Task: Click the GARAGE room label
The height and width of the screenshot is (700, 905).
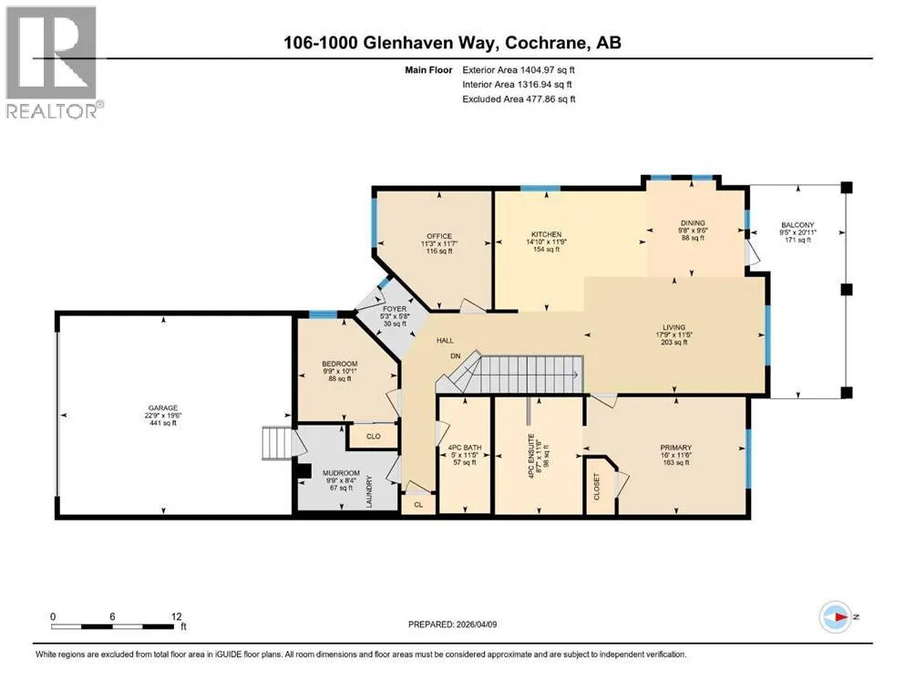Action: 163,407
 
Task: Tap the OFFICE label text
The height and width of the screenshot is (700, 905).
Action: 439,236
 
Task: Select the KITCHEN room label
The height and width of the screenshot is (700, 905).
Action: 547,234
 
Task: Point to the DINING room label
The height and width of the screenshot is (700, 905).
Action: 693,222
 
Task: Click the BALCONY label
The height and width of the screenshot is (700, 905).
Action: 797,225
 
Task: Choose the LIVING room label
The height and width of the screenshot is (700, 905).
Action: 674,327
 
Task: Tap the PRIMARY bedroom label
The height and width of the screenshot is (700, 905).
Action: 676,448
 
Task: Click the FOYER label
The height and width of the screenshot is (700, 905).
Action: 395,309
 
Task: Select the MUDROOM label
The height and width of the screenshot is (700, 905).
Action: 341,473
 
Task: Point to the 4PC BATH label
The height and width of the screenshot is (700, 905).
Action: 465,448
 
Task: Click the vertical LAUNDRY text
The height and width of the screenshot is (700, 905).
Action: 369,491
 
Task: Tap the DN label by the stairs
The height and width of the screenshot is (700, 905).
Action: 456,356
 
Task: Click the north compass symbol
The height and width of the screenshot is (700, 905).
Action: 836,617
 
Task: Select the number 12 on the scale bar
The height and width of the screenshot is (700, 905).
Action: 177,616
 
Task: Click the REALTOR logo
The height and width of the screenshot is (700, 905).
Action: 51,62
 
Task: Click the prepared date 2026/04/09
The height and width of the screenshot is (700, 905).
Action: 476,624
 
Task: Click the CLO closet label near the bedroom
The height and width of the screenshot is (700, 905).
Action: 374,437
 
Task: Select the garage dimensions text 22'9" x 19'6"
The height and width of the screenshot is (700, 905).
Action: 163,416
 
